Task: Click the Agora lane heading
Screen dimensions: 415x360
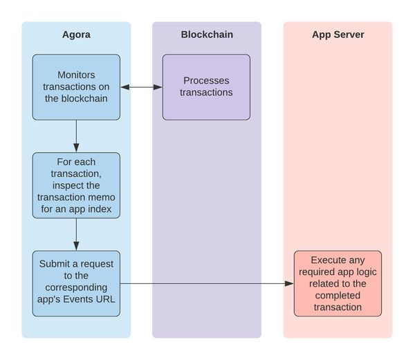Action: [x=76, y=35]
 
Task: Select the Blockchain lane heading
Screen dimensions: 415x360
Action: [x=207, y=35]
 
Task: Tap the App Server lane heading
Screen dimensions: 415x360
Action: [x=338, y=35]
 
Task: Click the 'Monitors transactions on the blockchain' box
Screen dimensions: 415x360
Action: [x=76, y=87]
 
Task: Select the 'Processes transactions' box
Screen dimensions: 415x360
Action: [x=206, y=87]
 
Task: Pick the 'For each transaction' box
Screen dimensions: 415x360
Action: [x=76, y=185]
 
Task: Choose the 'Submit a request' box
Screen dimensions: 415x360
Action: [x=76, y=283]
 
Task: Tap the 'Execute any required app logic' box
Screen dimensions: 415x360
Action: [x=338, y=283]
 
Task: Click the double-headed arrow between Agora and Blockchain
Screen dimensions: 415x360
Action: [x=141, y=87]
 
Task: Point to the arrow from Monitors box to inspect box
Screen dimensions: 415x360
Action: [x=76, y=136]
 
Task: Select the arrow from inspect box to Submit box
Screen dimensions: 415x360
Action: [x=76, y=234]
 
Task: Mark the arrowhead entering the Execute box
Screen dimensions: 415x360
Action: [x=289, y=283]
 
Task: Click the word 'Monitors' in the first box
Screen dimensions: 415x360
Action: [x=76, y=75]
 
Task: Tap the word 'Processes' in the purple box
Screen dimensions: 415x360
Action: [x=206, y=81]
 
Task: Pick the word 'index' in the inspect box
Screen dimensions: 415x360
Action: [x=100, y=209]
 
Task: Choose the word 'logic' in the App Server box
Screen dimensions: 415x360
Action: [x=367, y=272]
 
